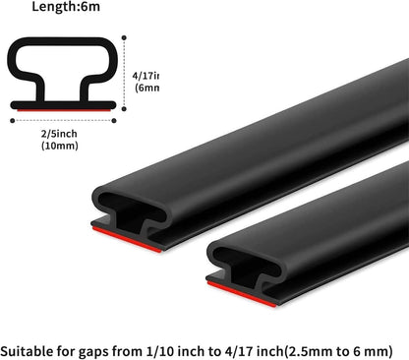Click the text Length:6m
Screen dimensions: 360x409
pyautogui.click(x=60, y=8)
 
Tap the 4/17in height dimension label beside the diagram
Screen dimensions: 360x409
pyautogui.click(x=146, y=76)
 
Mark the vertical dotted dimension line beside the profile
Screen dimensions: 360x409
pyautogui.click(x=126, y=74)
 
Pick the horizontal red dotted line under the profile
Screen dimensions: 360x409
pyautogui.click(x=63, y=121)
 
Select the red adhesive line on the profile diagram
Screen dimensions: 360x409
pyautogui.click(x=63, y=109)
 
